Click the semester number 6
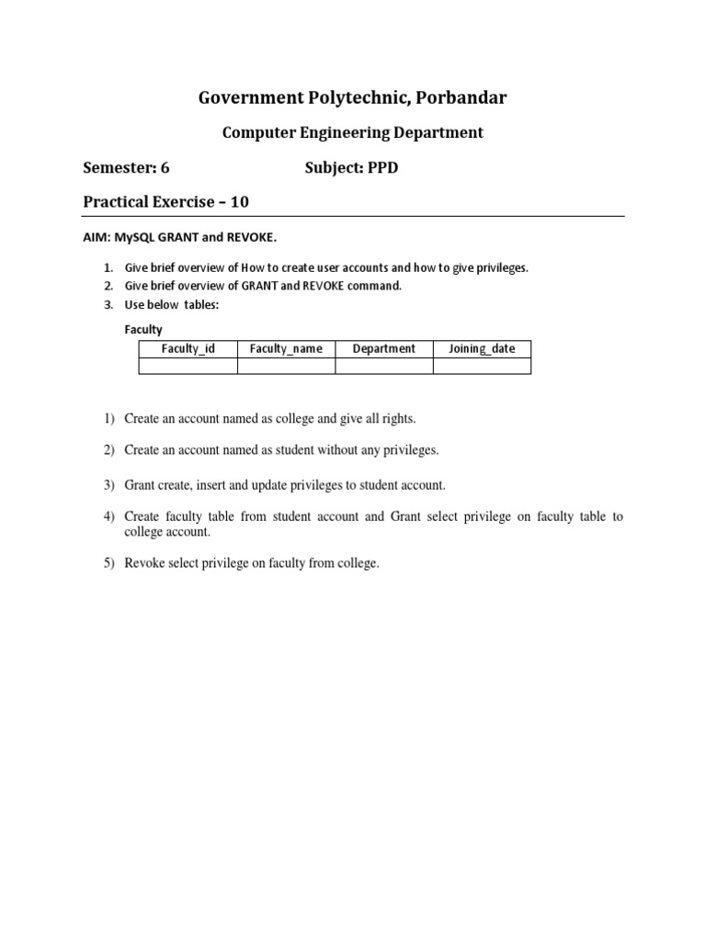tap(165, 168)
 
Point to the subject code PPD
tap(383, 168)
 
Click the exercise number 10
tap(239, 201)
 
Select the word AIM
tap(96, 237)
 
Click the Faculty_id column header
tap(188, 348)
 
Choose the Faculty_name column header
tap(286, 348)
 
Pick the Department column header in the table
tap(384, 348)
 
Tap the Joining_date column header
tap(482, 348)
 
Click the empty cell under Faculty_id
tap(188, 366)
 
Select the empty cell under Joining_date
tap(482, 366)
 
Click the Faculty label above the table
tap(143, 329)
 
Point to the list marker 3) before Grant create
tap(108, 484)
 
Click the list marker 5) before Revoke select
tap(108, 563)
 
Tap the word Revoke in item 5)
tap(142, 563)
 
